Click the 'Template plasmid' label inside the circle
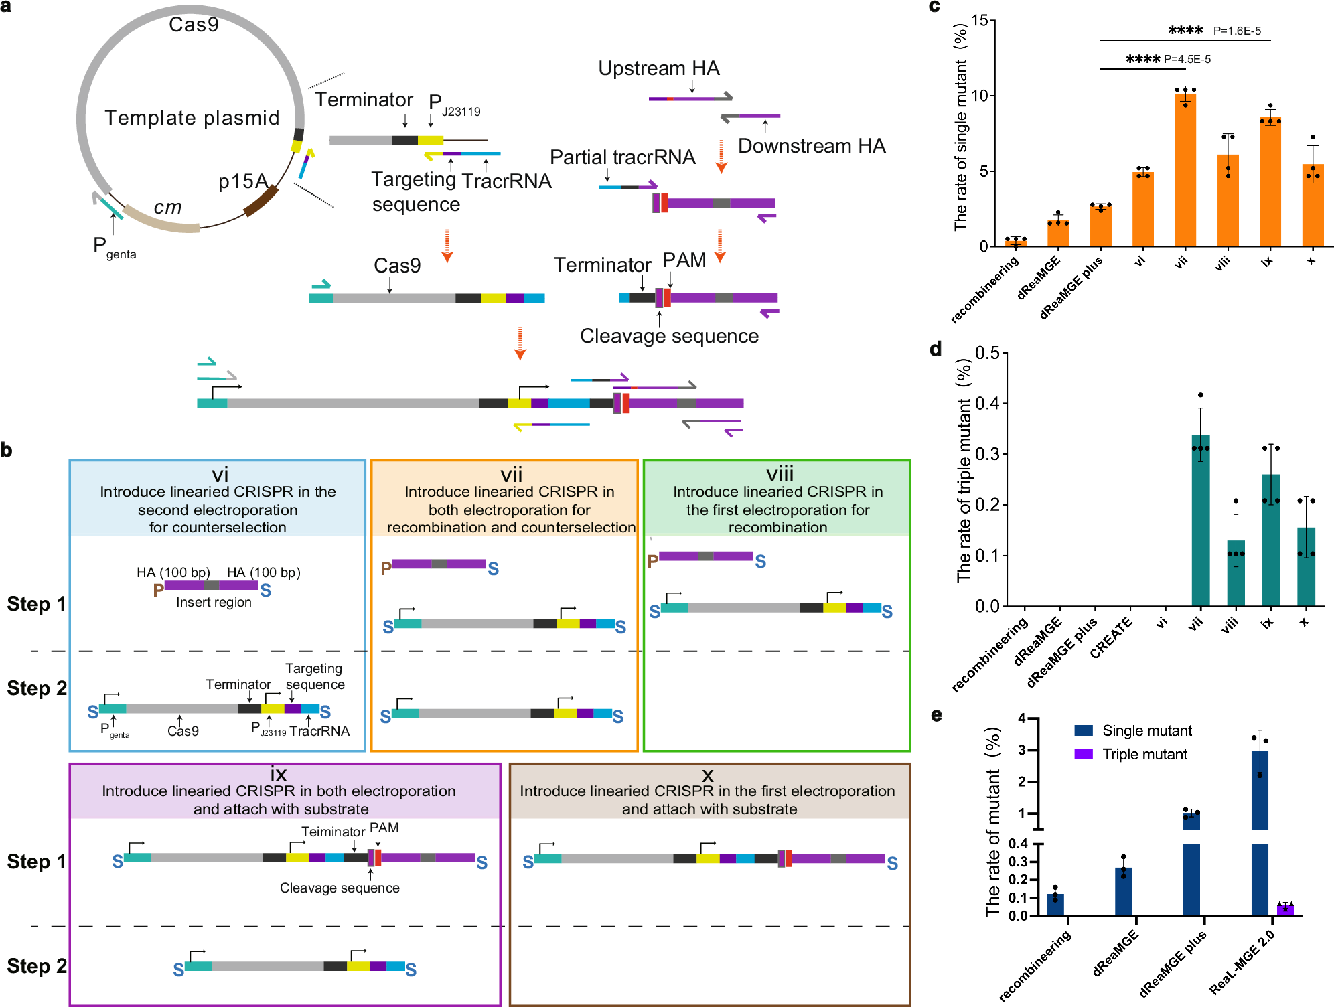coord(192,118)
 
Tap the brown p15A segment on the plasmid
coord(261,201)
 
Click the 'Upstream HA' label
coord(658,68)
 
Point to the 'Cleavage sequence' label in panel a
coord(669,336)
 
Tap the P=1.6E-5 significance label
coord(1236,31)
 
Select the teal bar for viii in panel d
coord(1236,573)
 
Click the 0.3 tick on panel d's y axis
coord(987,454)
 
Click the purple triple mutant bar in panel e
coord(1285,909)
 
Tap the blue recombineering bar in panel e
coord(1055,905)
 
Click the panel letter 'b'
coord(7,450)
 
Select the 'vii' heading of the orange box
coord(511,475)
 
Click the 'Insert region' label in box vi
coord(214,603)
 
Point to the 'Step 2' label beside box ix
coord(36,966)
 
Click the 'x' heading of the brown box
coord(708,775)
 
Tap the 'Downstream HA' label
coord(812,146)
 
